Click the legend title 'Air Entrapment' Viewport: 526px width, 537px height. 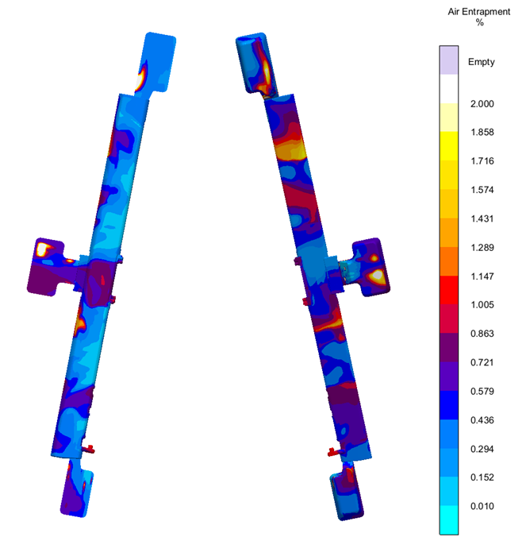point(480,11)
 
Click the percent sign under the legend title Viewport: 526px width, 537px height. point(480,23)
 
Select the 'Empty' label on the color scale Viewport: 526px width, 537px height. point(482,62)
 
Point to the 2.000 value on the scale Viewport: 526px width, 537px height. point(481,104)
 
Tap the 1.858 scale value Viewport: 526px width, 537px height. point(481,133)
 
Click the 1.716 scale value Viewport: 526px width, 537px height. point(481,161)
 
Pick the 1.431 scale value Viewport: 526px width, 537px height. point(481,218)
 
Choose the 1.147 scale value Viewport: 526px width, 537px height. point(481,276)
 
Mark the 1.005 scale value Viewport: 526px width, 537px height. point(481,305)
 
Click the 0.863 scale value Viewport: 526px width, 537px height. point(481,334)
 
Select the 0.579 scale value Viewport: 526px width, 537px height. point(481,392)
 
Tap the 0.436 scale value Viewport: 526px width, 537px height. point(481,420)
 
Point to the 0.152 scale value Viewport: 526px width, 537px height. point(481,477)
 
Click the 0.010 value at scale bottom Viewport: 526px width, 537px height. point(481,506)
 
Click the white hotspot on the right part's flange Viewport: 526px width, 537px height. point(378,276)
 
